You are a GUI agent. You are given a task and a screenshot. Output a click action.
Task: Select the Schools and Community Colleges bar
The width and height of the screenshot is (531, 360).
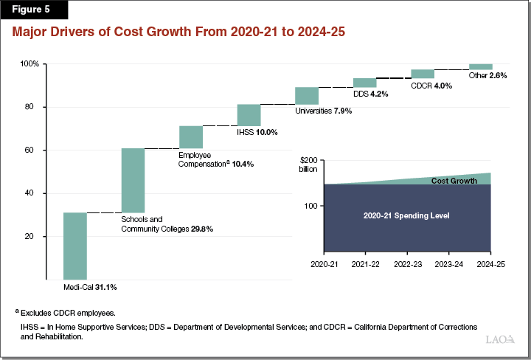point(133,180)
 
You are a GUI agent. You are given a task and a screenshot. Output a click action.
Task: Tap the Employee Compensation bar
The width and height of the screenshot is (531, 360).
point(190,137)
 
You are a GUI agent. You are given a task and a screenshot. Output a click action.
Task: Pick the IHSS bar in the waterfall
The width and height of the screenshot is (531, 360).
point(249,115)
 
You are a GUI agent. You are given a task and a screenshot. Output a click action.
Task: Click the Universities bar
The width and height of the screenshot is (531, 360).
point(307,96)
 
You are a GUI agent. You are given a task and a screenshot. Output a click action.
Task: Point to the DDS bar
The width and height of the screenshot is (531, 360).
point(364,83)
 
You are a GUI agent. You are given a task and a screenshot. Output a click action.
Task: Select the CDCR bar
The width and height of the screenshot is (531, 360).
point(423,74)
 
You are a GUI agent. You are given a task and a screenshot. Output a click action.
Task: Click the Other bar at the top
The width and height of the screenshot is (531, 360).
point(480,66)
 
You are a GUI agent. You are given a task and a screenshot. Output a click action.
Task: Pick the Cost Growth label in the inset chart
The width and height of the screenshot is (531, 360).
point(453,181)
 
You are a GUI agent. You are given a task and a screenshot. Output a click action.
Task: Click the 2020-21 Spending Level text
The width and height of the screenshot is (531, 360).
point(406,216)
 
